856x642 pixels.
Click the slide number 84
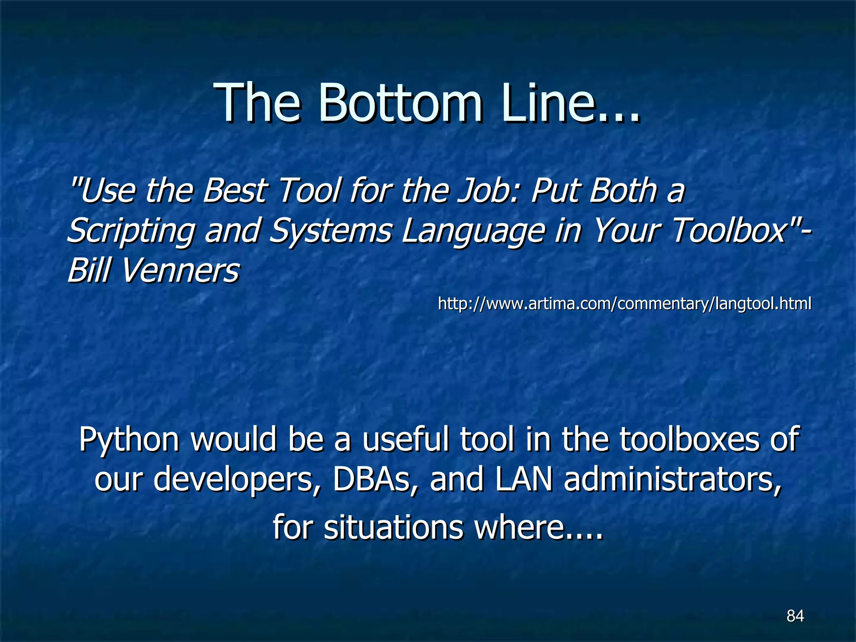pyautogui.click(x=795, y=616)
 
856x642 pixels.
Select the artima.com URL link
pyautogui.click(x=624, y=303)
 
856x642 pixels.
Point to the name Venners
pyautogui.click(x=180, y=270)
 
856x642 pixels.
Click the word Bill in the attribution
pyautogui.click(x=89, y=270)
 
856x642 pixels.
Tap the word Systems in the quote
pyautogui.click(x=331, y=231)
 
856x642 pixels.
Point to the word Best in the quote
pyautogui.click(x=234, y=190)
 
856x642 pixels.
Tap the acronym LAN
pyautogui.click(x=524, y=480)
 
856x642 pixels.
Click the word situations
pyautogui.click(x=393, y=527)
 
